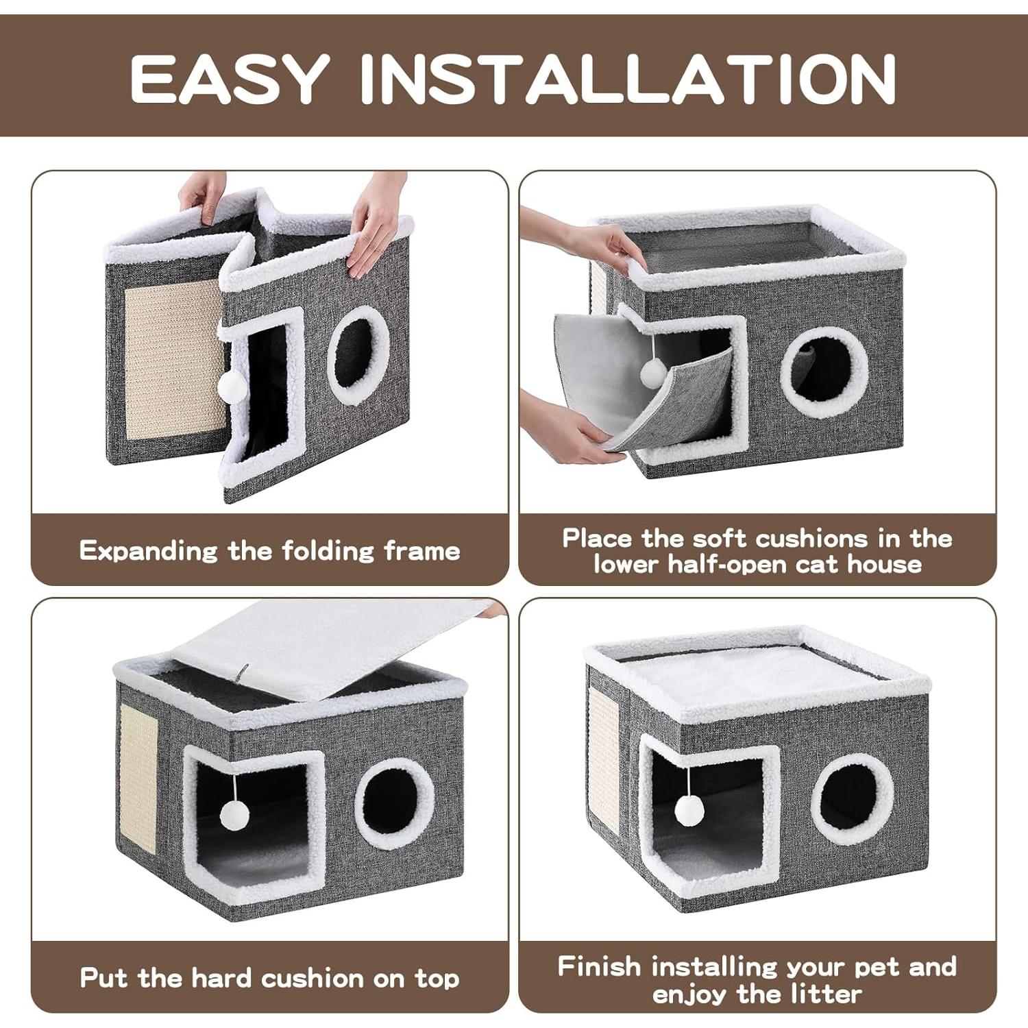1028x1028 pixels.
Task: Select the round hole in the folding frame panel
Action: pyautogui.click(x=358, y=354)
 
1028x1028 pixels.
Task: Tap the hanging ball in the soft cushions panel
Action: pyautogui.click(x=652, y=373)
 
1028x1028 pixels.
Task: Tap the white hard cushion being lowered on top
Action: pyautogui.click(x=329, y=648)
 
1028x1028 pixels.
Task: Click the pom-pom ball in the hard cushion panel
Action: pyautogui.click(x=234, y=815)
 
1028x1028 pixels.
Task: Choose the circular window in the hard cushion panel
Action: pyautogui.click(x=394, y=803)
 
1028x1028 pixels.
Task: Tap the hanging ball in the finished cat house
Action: pyautogui.click(x=689, y=811)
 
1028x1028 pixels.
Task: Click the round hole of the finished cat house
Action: pyautogui.click(x=852, y=799)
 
